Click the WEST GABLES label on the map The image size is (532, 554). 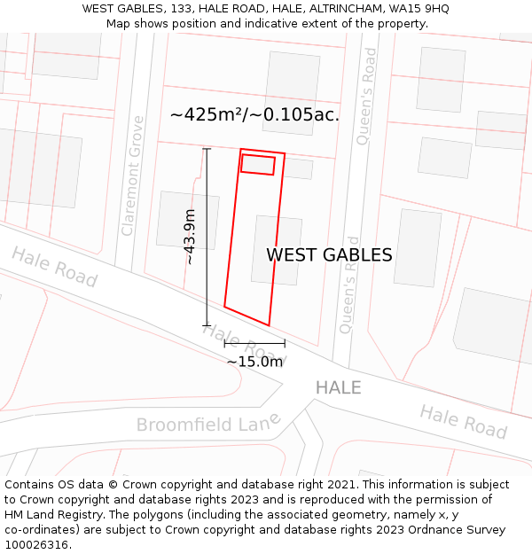pos(329,255)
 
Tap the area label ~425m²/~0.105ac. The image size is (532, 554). pos(254,114)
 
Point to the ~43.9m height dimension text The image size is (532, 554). pos(189,237)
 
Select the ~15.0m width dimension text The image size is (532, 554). pos(254,362)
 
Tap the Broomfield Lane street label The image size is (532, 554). pos(208,423)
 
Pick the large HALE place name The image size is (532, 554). pos(339,387)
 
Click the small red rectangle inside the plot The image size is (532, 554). pos(258,165)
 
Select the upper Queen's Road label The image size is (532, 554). pos(367,97)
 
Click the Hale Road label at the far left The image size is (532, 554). pos(54,266)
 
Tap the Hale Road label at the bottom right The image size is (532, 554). pos(463,421)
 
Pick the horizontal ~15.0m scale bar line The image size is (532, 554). pos(254,343)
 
